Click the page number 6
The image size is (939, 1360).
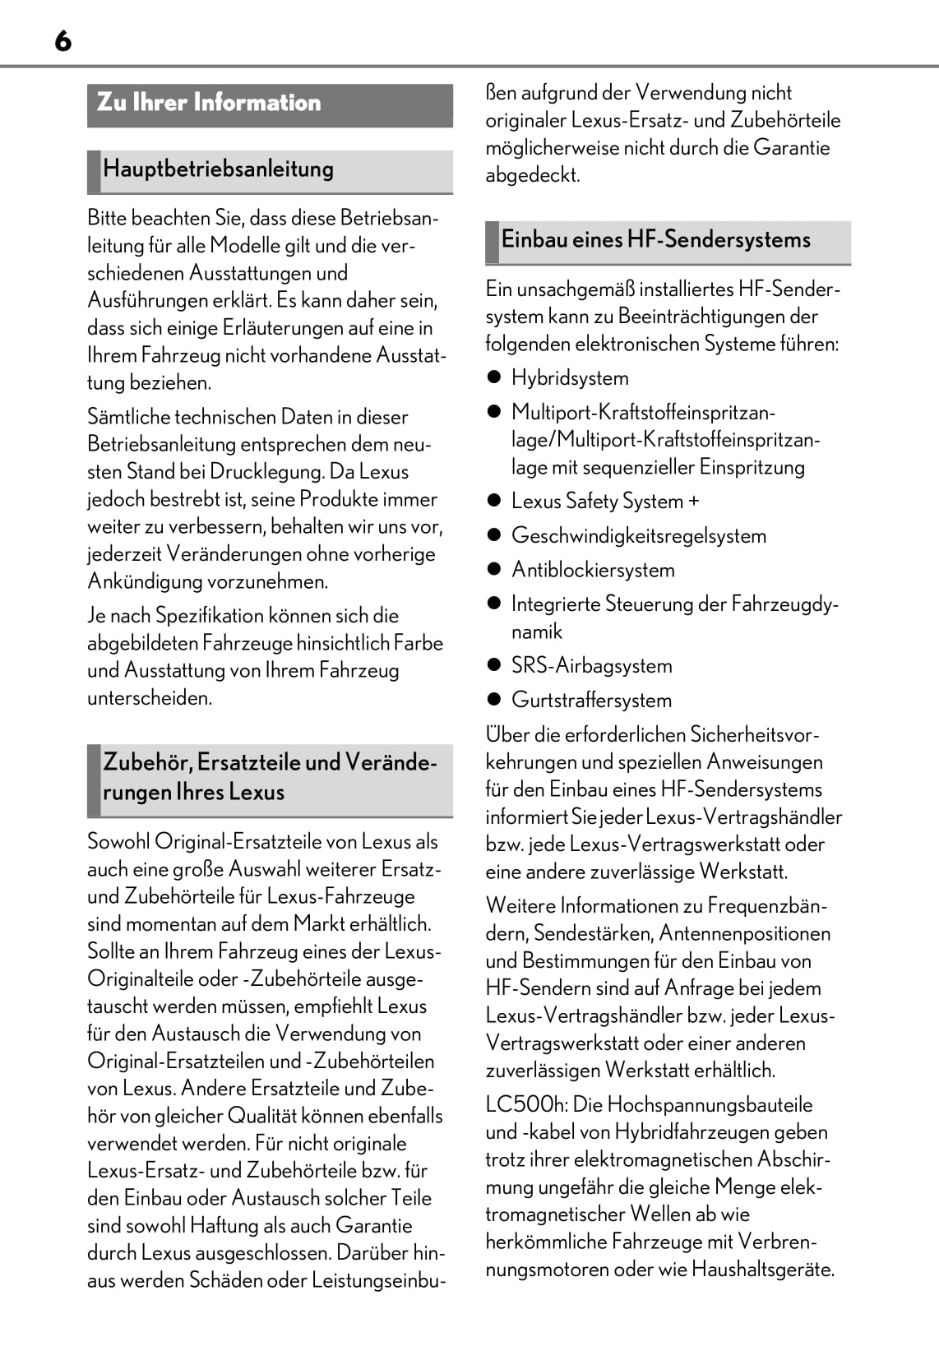point(63,40)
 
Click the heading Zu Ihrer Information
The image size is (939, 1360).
point(209,103)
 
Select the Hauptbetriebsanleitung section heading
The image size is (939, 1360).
point(218,169)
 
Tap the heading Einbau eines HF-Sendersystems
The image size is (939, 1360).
point(655,240)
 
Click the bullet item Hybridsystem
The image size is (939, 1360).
point(570,378)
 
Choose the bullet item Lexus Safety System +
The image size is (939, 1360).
point(605,502)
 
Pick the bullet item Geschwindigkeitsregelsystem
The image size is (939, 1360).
point(638,536)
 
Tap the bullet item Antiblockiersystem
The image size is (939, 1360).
point(593,570)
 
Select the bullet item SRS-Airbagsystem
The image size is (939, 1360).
point(591,666)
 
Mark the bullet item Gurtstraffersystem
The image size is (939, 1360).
point(591,701)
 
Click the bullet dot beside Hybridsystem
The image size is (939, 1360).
point(494,378)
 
